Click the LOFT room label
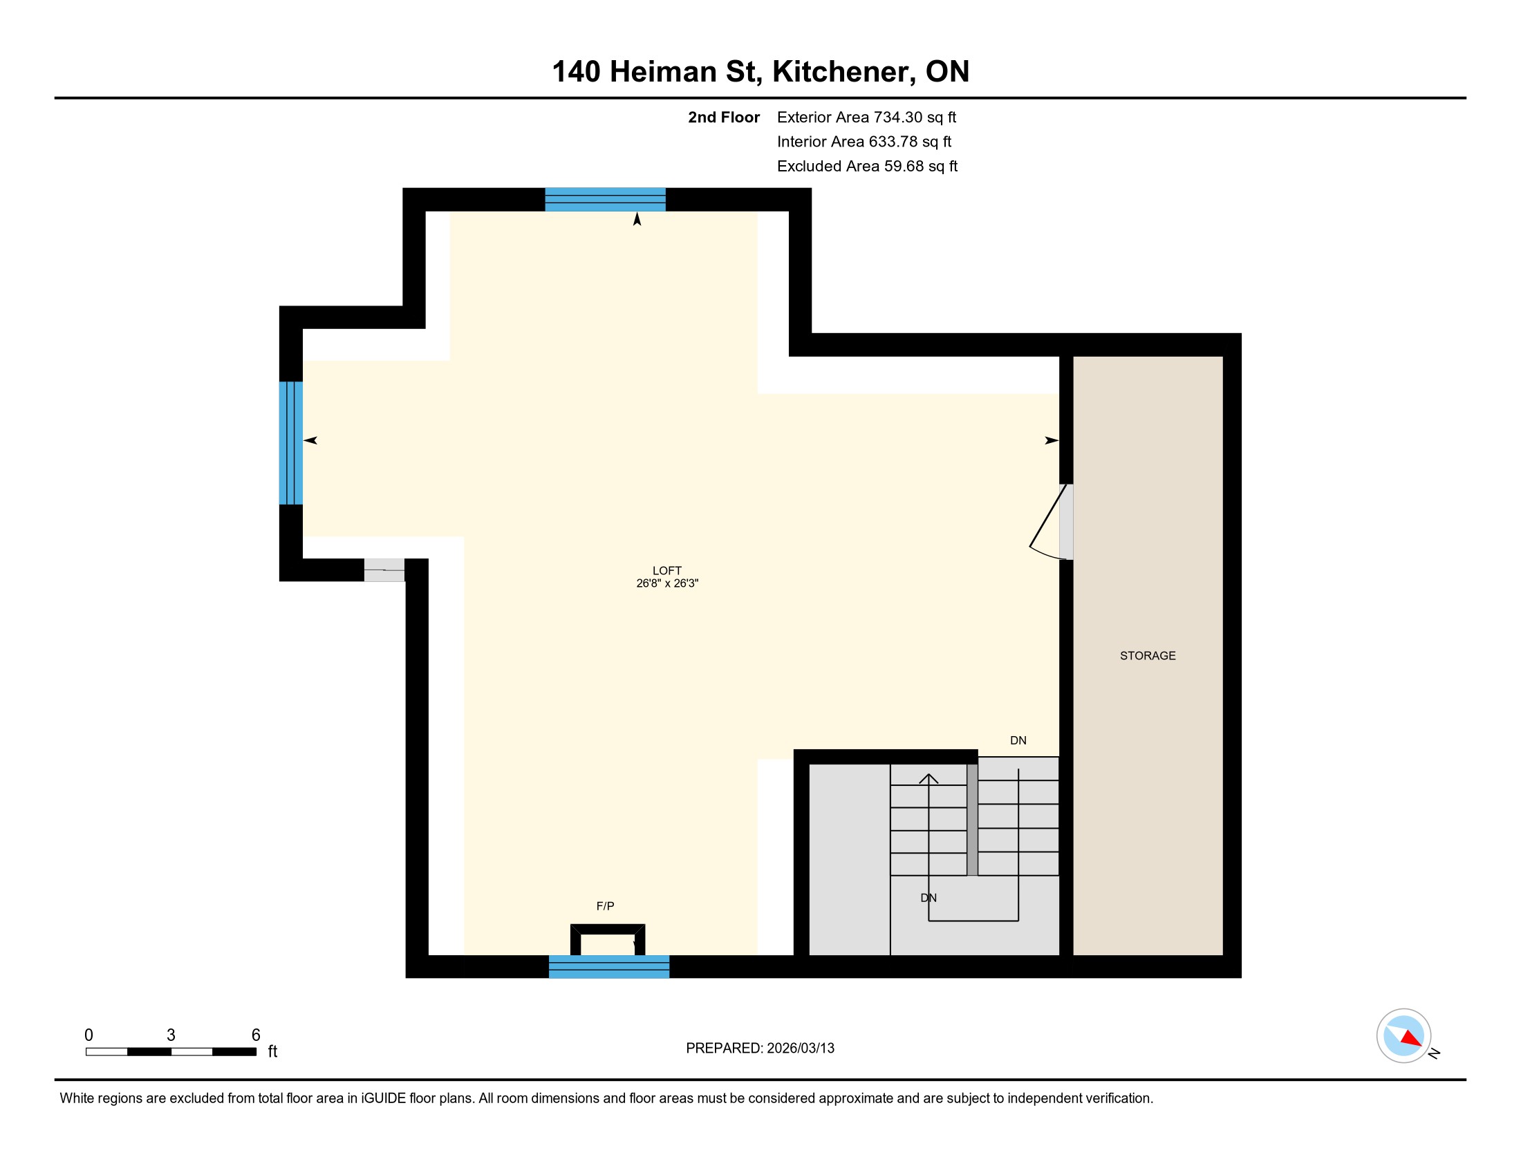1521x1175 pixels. point(666,570)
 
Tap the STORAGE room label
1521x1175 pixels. point(1148,656)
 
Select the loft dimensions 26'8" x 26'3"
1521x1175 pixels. point(667,583)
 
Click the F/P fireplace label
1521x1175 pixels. point(605,905)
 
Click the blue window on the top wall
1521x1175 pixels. point(605,199)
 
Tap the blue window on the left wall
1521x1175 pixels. point(291,443)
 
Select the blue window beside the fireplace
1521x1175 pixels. point(608,967)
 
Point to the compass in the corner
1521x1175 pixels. point(1403,1035)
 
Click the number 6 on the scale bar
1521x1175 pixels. point(256,1035)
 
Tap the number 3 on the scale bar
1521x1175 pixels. point(171,1035)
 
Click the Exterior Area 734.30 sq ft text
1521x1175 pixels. point(866,117)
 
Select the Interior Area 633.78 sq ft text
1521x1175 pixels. point(864,142)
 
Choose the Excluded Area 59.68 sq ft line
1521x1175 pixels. point(867,167)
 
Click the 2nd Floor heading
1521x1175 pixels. point(724,117)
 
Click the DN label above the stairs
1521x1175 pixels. point(1018,740)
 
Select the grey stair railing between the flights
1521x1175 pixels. point(972,819)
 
